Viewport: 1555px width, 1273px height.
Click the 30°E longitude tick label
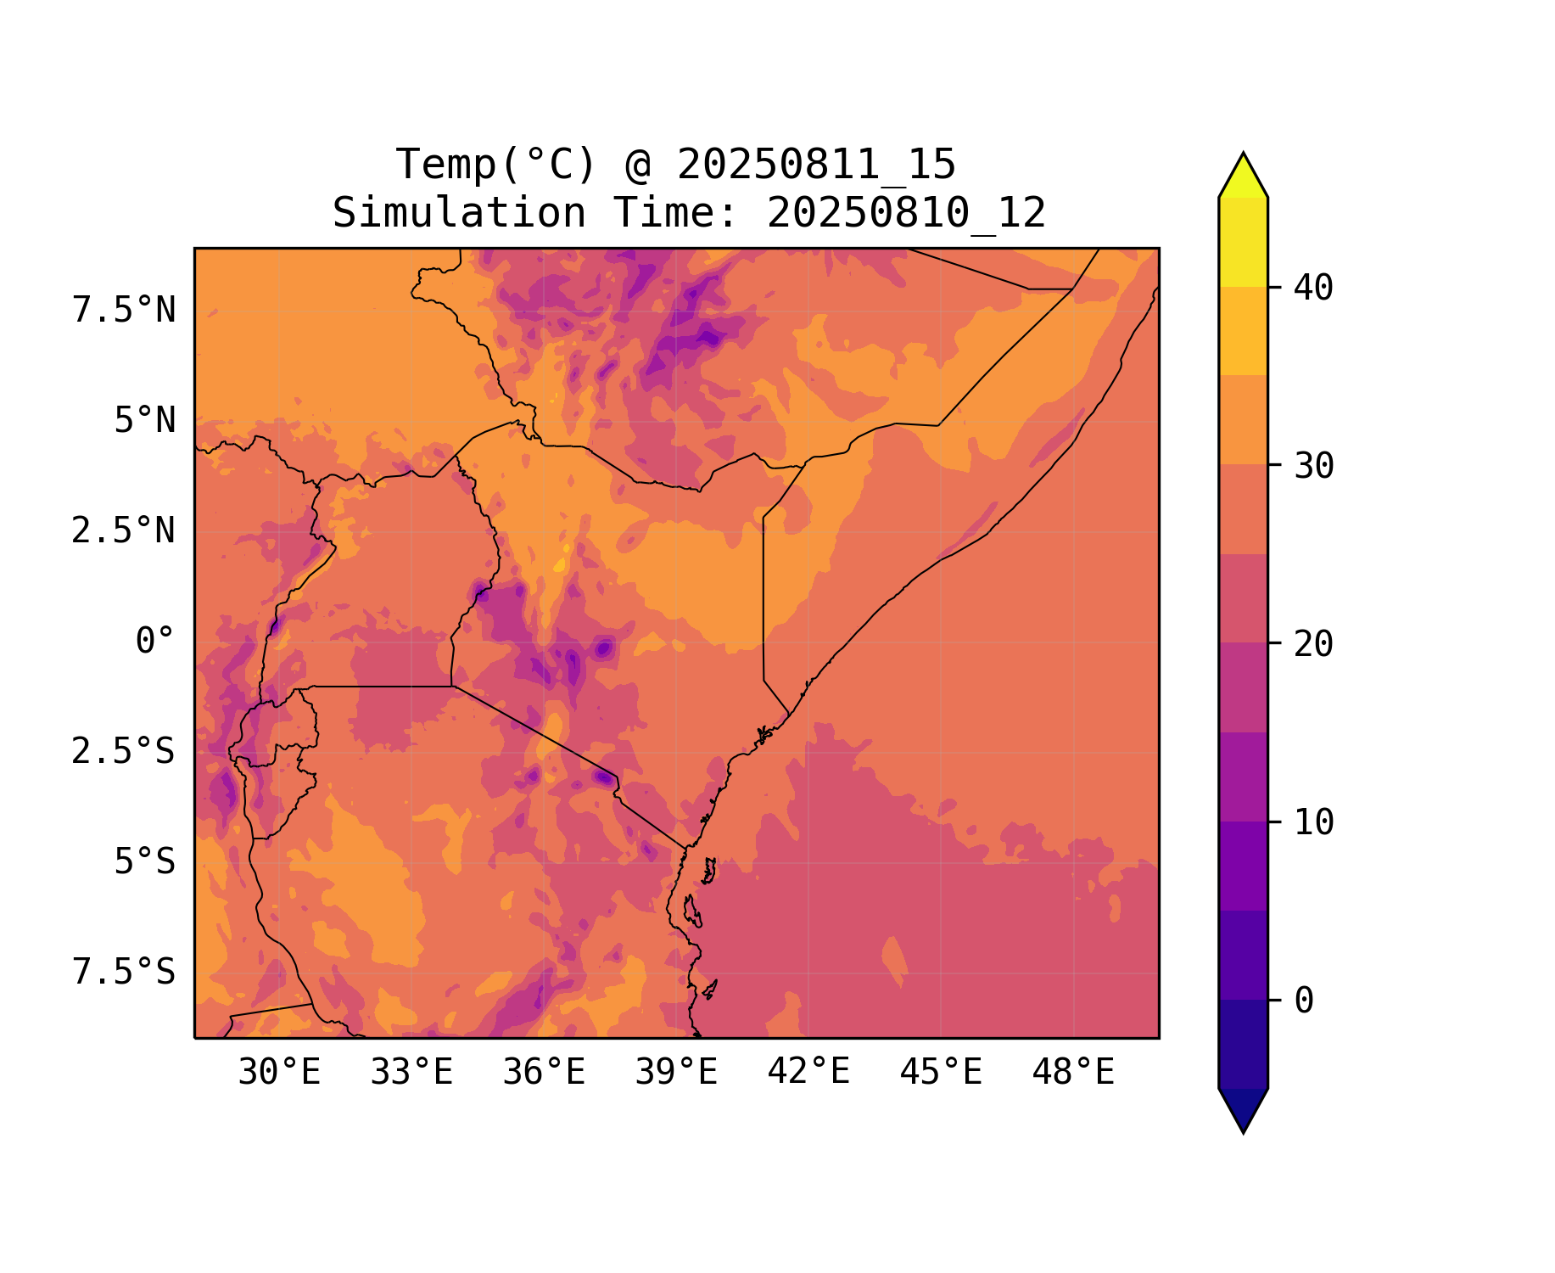point(279,1073)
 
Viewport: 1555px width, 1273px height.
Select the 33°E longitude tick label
point(411,1073)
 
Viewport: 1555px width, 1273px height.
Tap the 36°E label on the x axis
point(544,1073)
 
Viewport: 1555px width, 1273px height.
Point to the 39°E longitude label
point(676,1073)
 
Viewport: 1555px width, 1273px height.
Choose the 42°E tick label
point(808,1072)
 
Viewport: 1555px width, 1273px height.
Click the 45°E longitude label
point(941,1073)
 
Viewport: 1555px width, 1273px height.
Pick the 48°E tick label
point(1073,1073)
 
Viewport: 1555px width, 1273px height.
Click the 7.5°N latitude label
point(124,311)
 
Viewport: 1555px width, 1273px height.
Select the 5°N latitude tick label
point(145,421)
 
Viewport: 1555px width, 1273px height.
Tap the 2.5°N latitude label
point(124,531)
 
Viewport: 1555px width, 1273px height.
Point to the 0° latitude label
point(155,642)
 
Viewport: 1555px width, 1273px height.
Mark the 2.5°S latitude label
point(124,752)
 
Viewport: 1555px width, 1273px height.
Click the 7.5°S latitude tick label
point(124,973)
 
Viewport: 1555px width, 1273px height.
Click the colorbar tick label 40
point(1314,288)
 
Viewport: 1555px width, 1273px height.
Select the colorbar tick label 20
point(1314,644)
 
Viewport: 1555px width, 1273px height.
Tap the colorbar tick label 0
point(1304,1001)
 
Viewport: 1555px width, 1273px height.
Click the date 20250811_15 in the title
point(816,165)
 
